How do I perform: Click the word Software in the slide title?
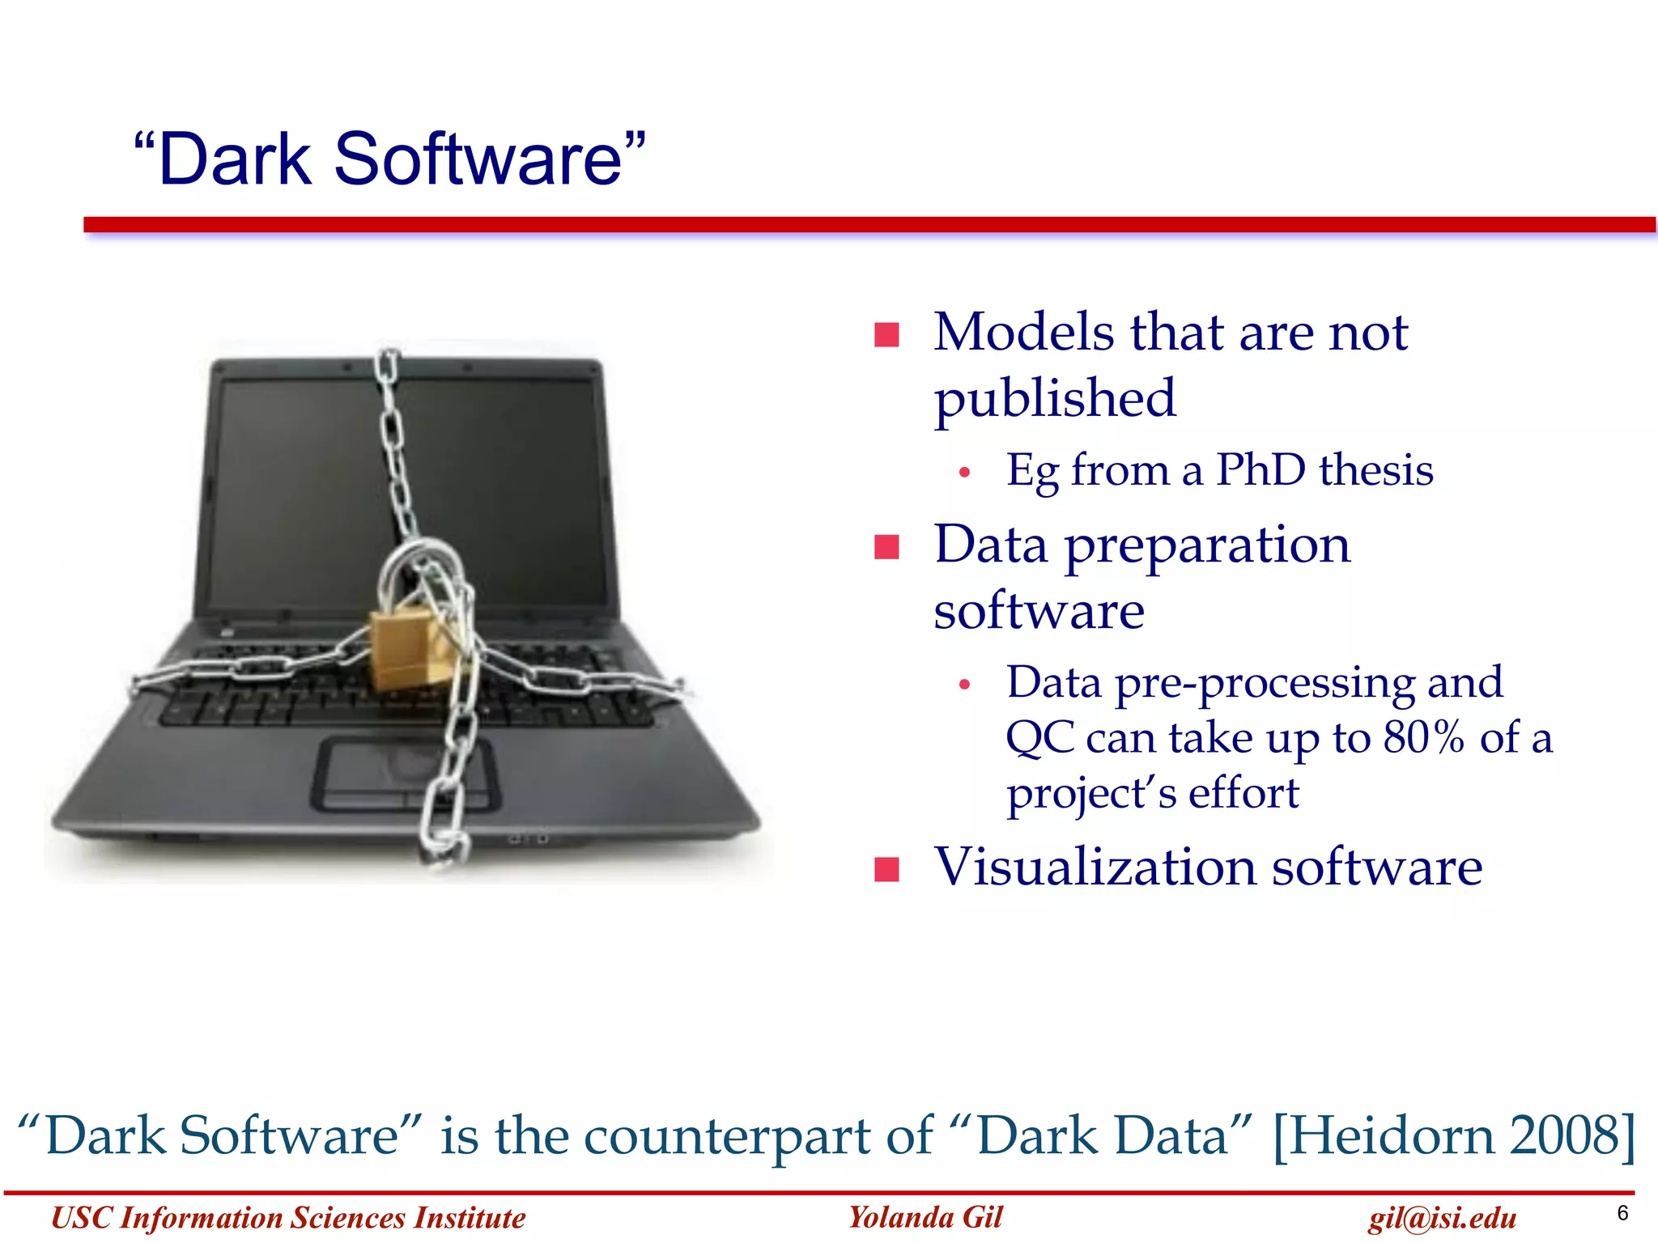[478, 159]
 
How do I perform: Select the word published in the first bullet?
[1054, 398]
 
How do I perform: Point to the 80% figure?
[1424, 737]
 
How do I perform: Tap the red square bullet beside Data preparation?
[886, 547]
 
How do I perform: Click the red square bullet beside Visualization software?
[886, 869]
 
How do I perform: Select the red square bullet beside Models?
[886, 334]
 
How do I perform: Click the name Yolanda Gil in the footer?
[925, 1217]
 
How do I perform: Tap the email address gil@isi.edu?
[1442, 1218]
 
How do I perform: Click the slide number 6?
[1622, 1213]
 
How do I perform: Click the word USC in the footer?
[81, 1218]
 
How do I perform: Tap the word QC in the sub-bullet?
[1039, 738]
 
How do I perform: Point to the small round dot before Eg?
[963, 473]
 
